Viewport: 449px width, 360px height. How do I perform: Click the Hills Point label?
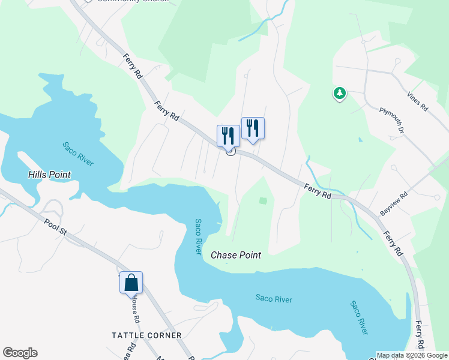click(x=49, y=175)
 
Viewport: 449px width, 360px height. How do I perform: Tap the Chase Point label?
click(x=236, y=255)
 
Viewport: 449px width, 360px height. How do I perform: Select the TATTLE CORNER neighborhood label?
click(x=146, y=335)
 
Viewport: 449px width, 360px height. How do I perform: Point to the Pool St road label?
click(x=56, y=229)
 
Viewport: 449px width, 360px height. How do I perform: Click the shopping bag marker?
click(x=131, y=282)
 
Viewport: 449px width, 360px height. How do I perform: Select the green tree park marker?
click(x=340, y=93)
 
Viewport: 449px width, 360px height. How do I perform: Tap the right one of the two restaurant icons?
click(x=253, y=128)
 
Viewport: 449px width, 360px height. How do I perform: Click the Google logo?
click(x=20, y=353)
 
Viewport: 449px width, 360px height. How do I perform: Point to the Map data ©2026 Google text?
click(x=412, y=355)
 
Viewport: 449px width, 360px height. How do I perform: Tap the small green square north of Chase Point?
click(x=263, y=201)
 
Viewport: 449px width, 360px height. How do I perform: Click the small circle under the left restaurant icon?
click(x=230, y=151)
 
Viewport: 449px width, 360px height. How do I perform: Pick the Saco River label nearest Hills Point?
click(x=78, y=154)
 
